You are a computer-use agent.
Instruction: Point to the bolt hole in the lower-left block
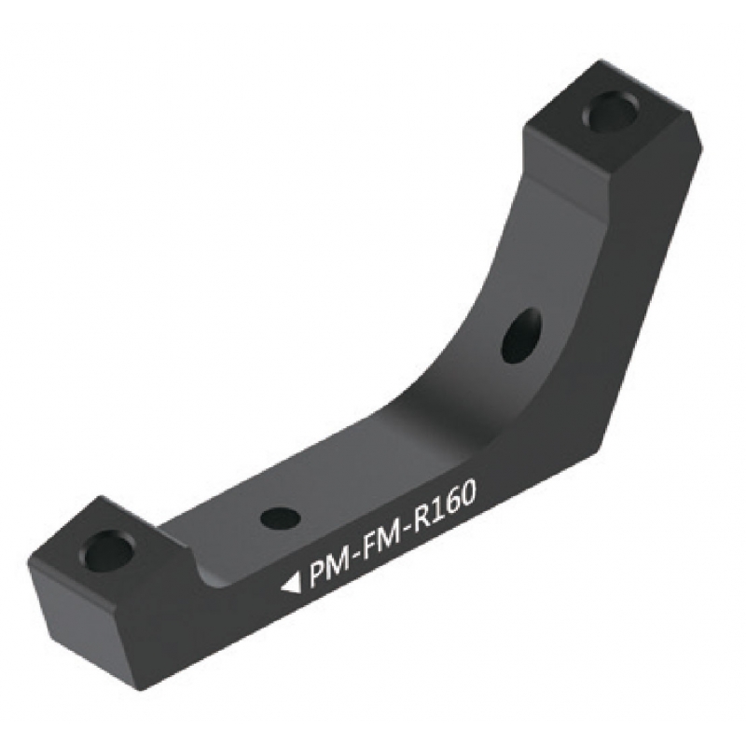[x=107, y=550]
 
